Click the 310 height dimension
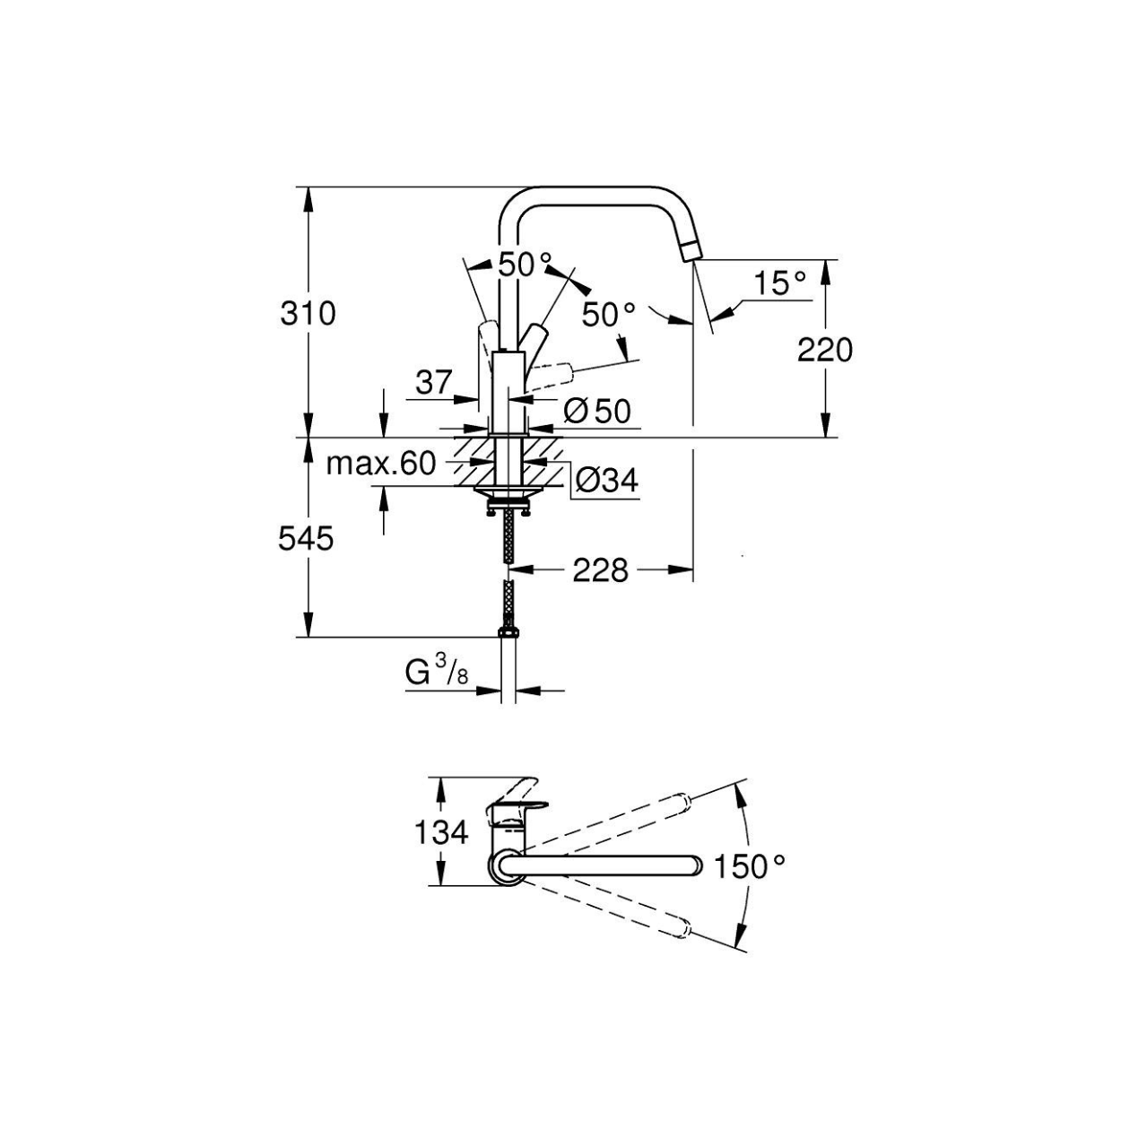(308, 314)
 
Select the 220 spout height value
(825, 351)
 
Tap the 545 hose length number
(306, 538)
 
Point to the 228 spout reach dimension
(600, 570)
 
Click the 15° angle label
(780, 283)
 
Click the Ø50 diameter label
(597, 412)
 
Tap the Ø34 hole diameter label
(607, 481)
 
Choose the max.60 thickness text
(381, 464)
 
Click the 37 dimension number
(433, 383)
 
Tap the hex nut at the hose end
(508, 632)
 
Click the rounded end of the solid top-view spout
(695, 866)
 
